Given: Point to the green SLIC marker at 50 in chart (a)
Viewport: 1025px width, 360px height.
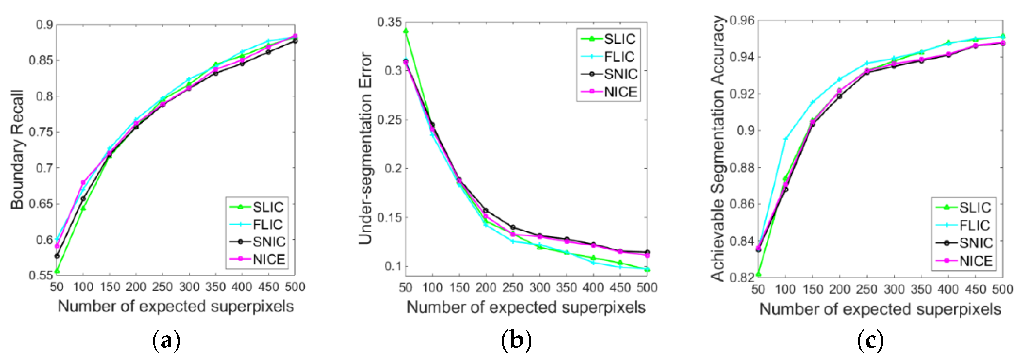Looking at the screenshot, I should coord(57,271).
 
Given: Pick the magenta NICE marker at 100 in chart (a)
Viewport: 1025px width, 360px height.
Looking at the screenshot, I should coord(83,183).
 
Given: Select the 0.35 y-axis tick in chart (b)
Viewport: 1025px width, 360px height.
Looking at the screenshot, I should coord(389,22).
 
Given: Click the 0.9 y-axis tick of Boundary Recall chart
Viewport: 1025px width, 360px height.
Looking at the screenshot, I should coord(44,25).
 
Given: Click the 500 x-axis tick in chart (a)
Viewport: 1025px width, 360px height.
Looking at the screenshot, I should coord(295,287).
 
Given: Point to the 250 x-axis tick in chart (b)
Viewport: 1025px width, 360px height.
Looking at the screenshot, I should coord(512,288).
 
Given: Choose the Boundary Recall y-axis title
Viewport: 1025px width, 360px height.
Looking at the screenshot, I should coord(17,149).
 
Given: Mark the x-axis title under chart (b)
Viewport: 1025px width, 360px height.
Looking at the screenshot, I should coord(526,307).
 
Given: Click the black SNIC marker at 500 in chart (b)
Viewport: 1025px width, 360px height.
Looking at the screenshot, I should coord(647,252).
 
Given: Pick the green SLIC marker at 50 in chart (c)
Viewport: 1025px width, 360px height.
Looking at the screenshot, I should coord(758,274).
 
